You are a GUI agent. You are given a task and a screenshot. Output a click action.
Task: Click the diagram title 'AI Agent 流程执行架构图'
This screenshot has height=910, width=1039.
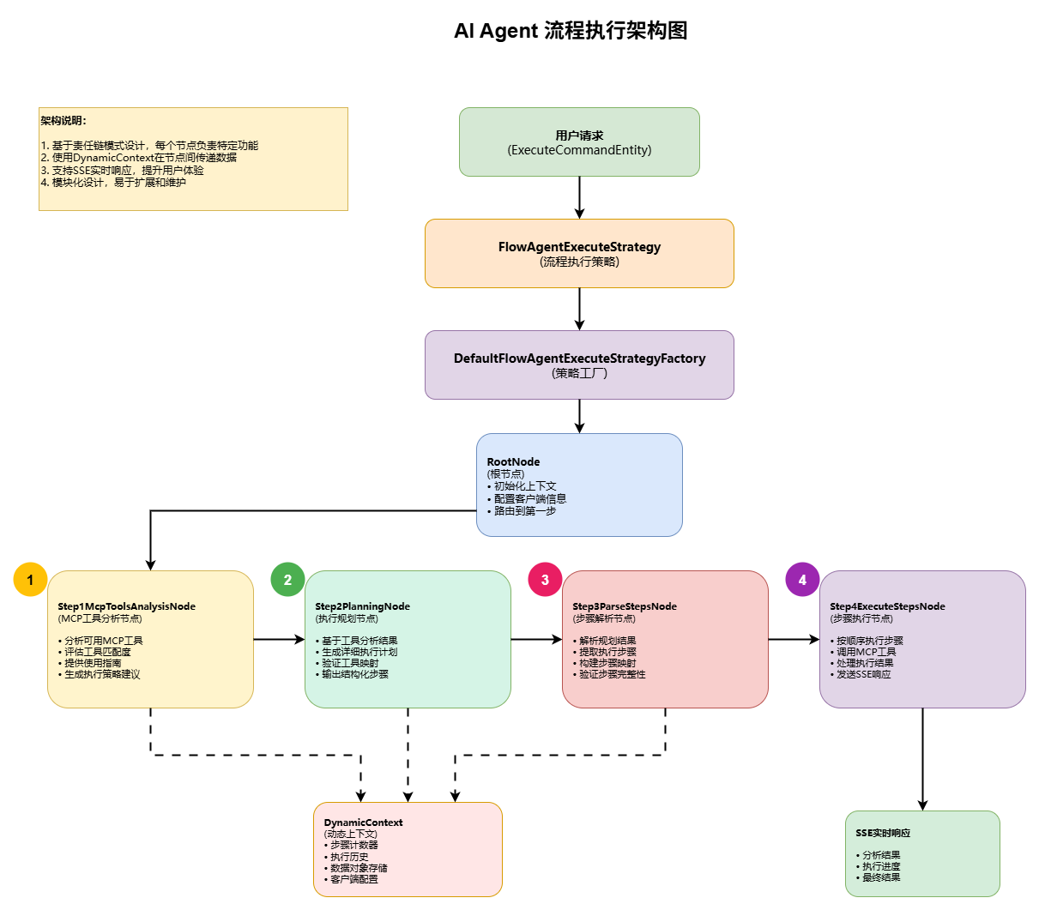click(571, 31)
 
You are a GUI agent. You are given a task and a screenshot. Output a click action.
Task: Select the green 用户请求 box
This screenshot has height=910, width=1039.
click(579, 142)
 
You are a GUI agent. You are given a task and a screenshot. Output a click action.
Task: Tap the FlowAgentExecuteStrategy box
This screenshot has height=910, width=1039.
click(579, 253)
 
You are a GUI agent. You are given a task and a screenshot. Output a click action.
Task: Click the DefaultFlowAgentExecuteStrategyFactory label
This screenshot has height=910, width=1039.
click(579, 359)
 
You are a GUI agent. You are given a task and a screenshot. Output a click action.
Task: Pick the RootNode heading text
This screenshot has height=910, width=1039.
click(513, 461)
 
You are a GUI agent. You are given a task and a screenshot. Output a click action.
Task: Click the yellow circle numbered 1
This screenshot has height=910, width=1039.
click(30, 580)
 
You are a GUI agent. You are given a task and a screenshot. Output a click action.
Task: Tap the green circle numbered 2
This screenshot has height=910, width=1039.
click(287, 580)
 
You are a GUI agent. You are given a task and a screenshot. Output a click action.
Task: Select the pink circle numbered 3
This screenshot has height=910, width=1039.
click(545, 580)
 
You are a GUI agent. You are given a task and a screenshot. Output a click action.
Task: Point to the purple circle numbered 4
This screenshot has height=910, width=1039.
click(802, 580)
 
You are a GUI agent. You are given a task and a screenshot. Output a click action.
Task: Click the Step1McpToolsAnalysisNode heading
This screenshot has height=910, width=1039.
click(126, 606)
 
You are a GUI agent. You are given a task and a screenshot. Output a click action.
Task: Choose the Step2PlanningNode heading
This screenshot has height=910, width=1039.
click(362, 606)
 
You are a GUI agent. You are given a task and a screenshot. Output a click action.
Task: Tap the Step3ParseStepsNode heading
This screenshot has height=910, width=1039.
click(625, 606)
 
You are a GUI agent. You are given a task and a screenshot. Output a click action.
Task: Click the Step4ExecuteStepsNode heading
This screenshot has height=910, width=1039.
click(887, 606)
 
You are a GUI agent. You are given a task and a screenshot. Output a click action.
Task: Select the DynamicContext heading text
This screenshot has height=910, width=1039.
click(363, 823)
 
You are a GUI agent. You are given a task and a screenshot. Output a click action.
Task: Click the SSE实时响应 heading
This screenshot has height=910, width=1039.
click(883, 833)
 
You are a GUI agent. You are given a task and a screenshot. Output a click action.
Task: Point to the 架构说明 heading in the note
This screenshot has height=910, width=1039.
click(63, 121)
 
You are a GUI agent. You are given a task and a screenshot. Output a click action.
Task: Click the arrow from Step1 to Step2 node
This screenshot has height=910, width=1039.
click(279, 639)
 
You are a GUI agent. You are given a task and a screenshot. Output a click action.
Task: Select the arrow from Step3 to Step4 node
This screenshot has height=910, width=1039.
click(794, 639)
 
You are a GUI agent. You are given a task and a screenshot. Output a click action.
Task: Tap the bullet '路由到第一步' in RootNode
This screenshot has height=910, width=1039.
click(524, 511)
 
